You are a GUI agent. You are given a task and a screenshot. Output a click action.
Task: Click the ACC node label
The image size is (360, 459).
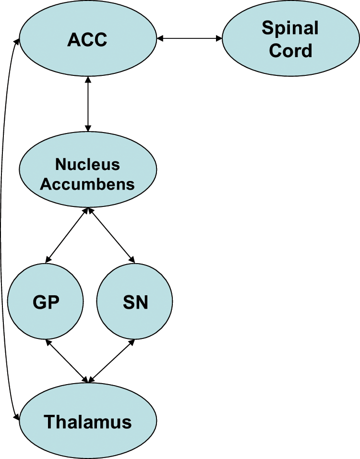tap(87, 39)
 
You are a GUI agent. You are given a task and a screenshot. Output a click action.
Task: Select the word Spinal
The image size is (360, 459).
tap(290, 28)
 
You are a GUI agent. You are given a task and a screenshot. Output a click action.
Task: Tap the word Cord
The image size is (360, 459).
tap(290, 50)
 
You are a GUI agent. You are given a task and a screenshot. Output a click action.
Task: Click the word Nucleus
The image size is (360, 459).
tap(87, 164)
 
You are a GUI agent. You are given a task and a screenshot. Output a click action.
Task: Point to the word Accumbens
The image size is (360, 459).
tap(87, 184)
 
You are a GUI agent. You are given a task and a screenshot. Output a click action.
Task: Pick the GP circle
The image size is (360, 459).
tap(46, 302)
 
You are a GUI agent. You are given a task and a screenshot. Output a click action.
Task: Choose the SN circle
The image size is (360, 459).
tap(134, 302)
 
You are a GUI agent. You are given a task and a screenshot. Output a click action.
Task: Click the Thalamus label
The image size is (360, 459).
tap(87, 422)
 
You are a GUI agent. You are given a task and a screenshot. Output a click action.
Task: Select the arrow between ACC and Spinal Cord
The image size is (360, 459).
tap(190, 38)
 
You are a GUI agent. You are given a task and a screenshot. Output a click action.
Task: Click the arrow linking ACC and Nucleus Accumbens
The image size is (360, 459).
tap(88, 104)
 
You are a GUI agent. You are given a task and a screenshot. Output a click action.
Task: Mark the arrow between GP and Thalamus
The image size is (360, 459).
tap(67, 361)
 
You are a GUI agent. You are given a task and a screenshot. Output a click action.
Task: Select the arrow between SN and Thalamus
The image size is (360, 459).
tap(111, 361)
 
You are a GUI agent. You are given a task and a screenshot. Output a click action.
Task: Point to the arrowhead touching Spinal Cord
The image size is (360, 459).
tap(219, 38)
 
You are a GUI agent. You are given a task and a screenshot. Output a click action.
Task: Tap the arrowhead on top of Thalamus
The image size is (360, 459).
tap(88, 379)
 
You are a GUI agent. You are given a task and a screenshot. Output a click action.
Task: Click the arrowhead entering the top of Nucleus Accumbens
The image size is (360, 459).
tap(88, 128)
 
